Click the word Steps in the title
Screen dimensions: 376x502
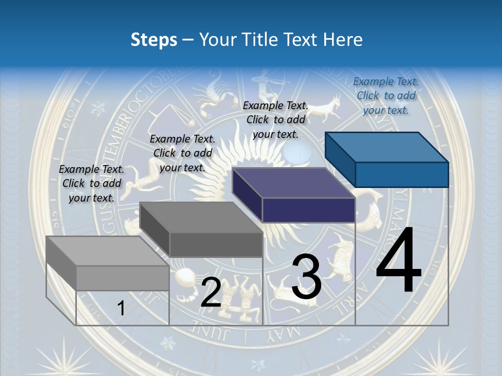(x=154, y=40)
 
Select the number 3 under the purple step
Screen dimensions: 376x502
(x=306, y=277)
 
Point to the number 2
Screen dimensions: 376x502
(x=211, y=292)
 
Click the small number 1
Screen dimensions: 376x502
(x=121, y=309)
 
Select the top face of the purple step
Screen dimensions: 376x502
(x=293, y=183)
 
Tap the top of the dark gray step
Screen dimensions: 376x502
(x=201, y=217)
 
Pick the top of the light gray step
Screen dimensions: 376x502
(x=107, y=251)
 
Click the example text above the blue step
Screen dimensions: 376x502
(x=386, y=96)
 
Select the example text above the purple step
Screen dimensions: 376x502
(x=276, y=120)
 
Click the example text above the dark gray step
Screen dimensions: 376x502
(x=182, y=153)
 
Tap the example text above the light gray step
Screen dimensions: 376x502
(x=92, y=183)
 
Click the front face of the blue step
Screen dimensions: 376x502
(x=402, y=174)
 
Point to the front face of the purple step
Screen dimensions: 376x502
(x=309, y=210)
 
